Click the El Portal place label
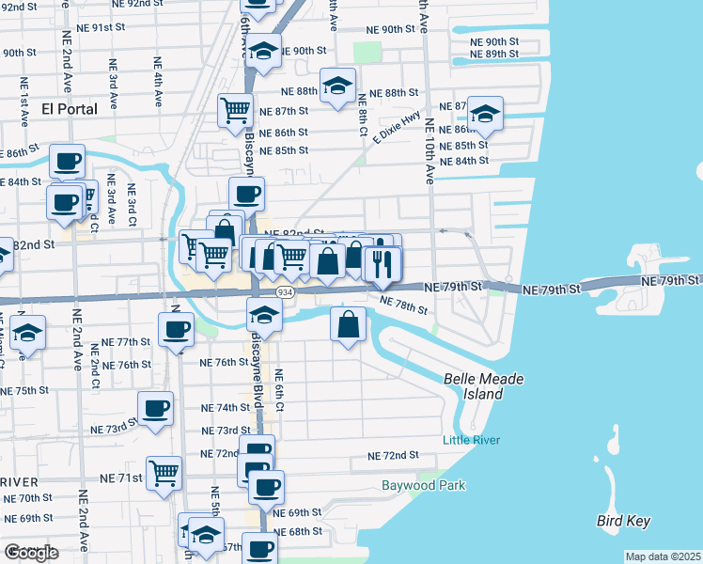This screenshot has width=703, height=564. pyautogui.click(x=70, y=109)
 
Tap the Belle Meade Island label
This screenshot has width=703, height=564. pyautogui.click(x=483, y=386)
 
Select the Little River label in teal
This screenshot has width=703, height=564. pyautogui.click(x=471, y=440)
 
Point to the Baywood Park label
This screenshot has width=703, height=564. pyautogui.click(x=423, y=486)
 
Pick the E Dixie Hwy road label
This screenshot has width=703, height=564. pyautogui.click(x=396, y=128)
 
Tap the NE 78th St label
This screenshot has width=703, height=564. pyautogui.click(x=403, y=305)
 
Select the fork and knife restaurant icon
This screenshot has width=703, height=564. pyautogui.click(x=383, y=264)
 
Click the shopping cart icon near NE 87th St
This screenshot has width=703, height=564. pyautogui.click(x=235, y=111)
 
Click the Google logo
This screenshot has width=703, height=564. pyautogui.click(x=31, y=553)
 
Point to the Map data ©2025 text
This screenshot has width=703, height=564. pyautogui.click(x=664, y=556)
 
